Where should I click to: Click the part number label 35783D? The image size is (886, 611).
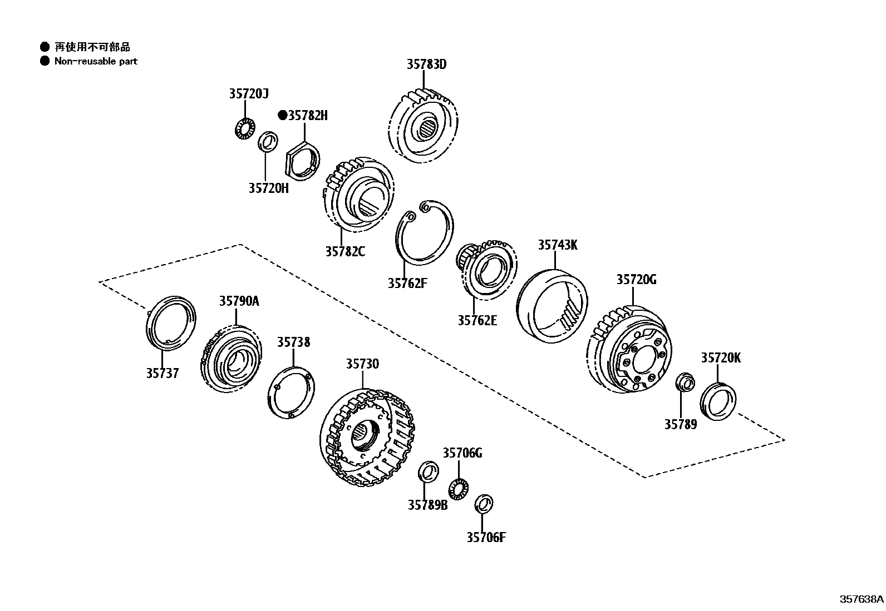[426, 64]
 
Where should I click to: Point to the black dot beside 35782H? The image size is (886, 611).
[282, 116]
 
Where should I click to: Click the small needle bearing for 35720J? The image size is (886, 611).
[243, 129]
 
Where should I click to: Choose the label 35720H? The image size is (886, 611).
[268, 188]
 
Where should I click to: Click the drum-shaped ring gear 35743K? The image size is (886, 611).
[551, 306]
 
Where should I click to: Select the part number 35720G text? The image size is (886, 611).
[636, 280]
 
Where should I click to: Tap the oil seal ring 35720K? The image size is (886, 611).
[717, 400]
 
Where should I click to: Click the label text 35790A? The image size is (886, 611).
[239, 301]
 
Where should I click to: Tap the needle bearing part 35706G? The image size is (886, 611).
[459, 488]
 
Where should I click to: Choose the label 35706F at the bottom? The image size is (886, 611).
[486, 537]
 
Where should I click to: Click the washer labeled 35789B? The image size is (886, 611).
[427, 471]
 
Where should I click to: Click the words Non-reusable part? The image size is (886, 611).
[96, 61]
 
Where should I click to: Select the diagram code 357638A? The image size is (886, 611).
[862, 599]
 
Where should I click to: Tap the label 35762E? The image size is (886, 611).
[477, 320]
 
